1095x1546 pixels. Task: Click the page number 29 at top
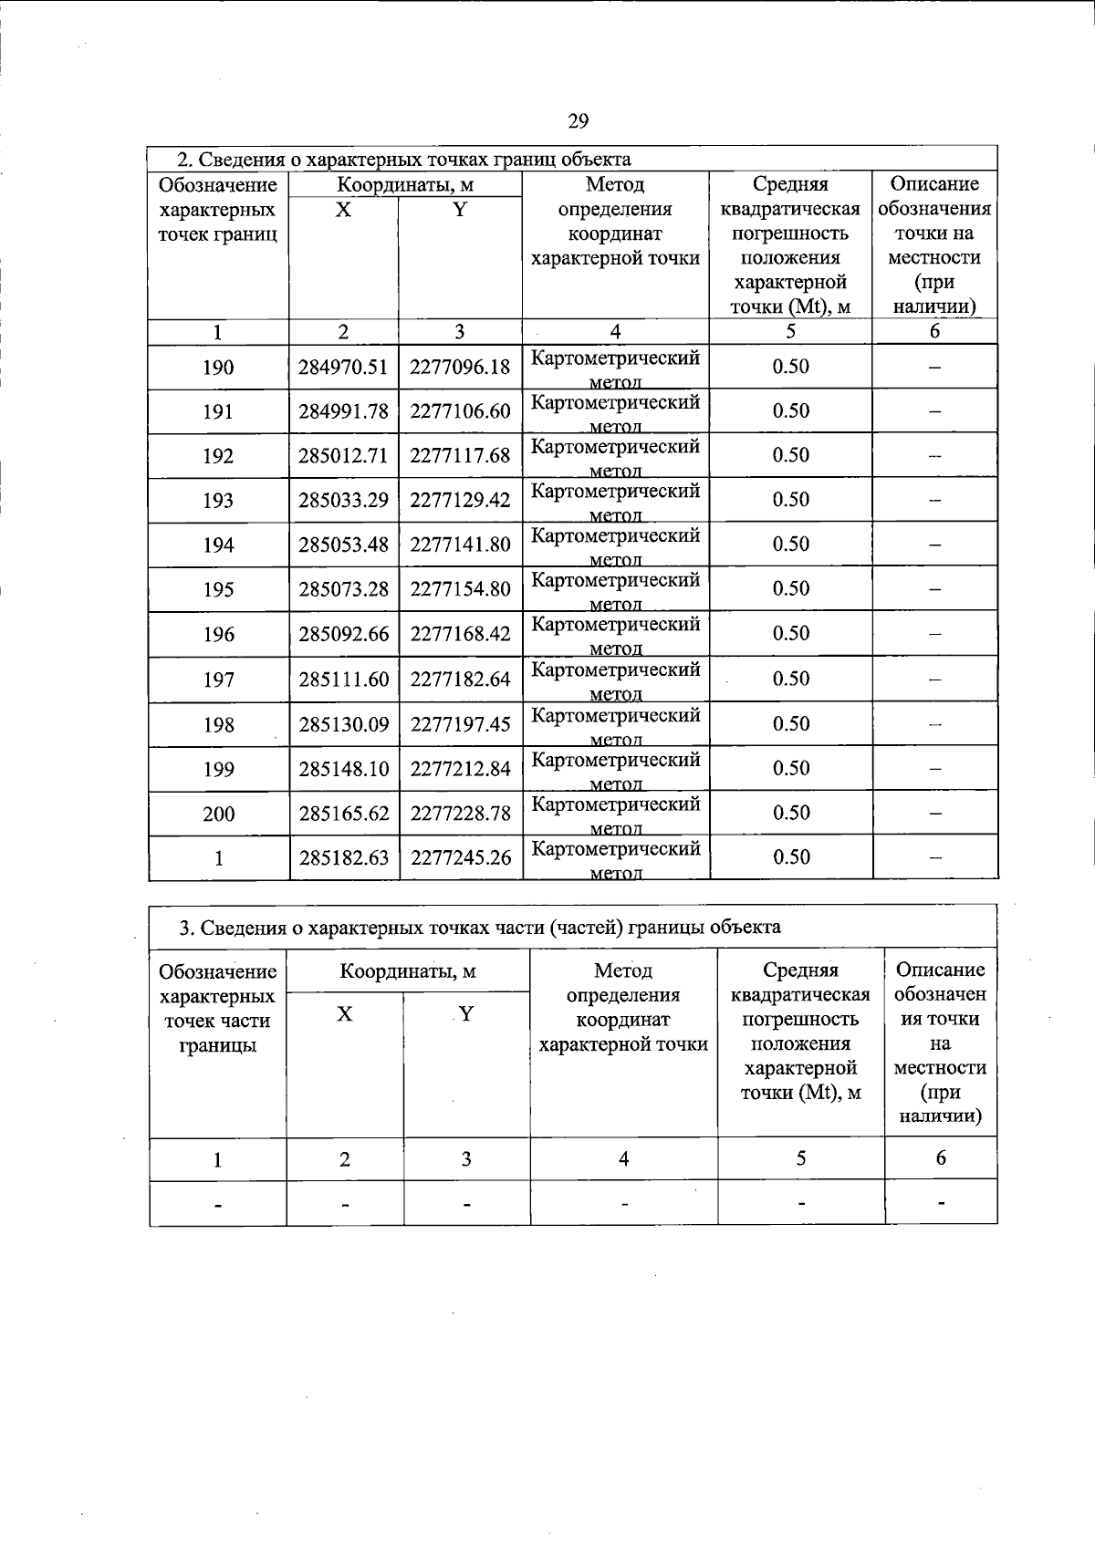click(578, 121)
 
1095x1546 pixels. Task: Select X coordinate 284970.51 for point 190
click(343, 367)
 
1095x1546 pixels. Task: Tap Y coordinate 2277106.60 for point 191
click(460, 411)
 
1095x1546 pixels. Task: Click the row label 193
click(218, 501)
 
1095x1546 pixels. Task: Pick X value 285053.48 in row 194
click(343, 545)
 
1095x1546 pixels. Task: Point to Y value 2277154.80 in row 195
click(460, 589)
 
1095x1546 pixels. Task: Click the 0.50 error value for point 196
click(790, 633)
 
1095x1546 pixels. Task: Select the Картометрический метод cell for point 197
click(616, 680)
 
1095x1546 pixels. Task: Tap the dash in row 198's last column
click(934, 724)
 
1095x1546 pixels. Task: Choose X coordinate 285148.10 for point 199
click(343, 769)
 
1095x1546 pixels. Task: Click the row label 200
click(218, 814)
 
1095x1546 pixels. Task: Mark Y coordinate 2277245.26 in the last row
click(460, 857)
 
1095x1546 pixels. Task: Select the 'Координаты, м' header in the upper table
click(405, 185)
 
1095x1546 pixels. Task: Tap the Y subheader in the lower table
click(466, 1013)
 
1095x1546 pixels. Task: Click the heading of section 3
click(479, 928)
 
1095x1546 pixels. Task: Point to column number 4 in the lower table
click(623, 1159)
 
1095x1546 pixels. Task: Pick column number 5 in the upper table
click(790, 331)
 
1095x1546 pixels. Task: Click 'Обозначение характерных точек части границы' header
click(217, 1008)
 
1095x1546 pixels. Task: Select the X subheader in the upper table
click(343, 210)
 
